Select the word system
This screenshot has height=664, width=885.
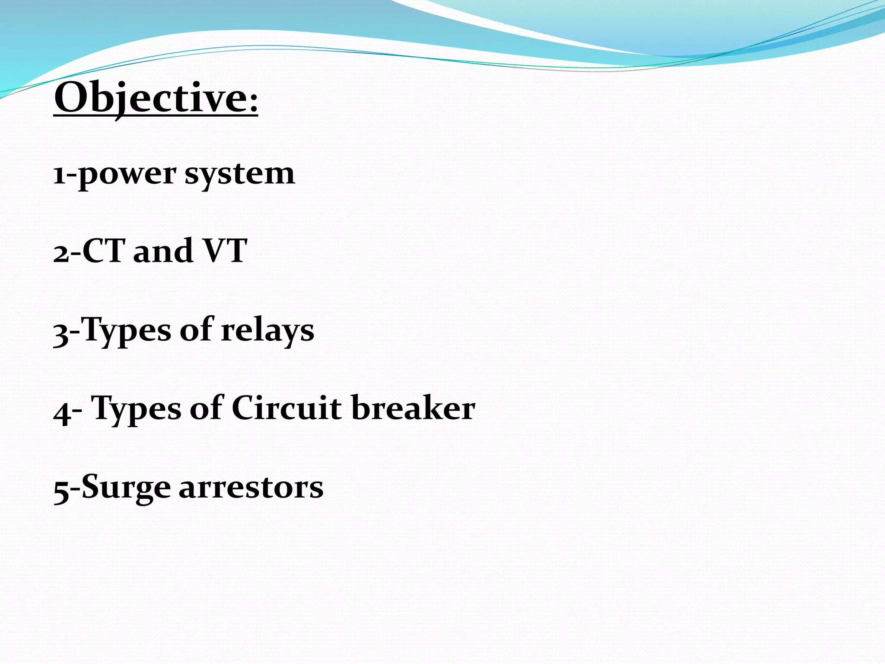click(240, 174)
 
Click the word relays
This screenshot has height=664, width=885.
click(267, 331)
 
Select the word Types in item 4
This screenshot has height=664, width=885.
click(137, 409)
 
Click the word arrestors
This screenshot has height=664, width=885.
click(251, 488)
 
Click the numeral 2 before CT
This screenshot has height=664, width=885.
click(61, 253)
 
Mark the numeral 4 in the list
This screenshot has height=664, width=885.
click(62, 412)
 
